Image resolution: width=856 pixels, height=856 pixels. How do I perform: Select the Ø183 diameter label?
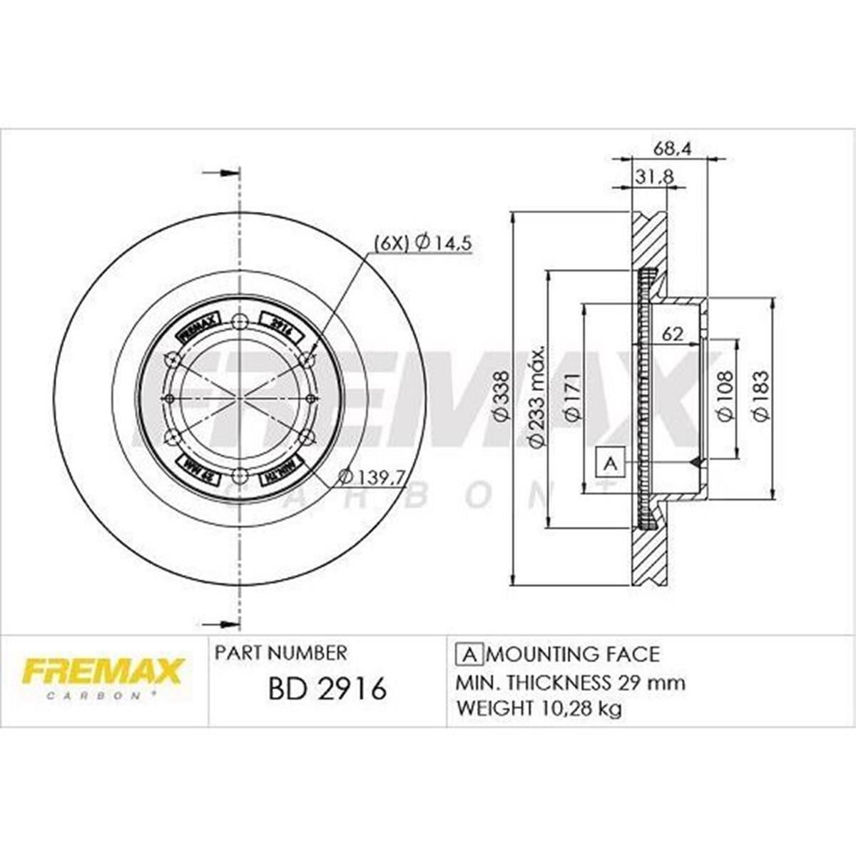click(760, 397)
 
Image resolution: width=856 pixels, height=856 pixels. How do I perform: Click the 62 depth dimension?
click(673, 333)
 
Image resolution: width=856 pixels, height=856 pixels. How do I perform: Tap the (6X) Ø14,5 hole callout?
click(423, 243)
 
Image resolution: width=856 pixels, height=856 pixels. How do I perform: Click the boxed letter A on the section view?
click(610, 464)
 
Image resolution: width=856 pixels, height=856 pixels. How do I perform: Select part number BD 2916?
click(327, 689)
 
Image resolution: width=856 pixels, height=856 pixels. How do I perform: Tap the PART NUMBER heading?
click(280, 652)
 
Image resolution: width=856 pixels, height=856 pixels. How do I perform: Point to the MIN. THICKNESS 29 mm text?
click(570, 682)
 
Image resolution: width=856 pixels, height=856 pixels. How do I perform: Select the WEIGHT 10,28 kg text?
click(539, 708)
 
